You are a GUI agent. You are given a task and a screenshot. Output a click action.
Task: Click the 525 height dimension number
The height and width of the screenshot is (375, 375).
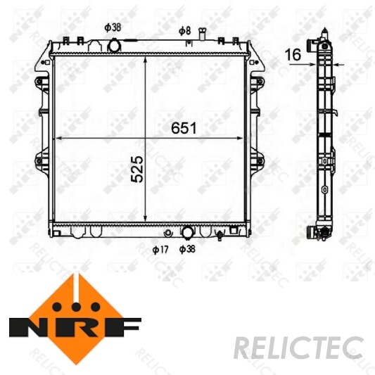click(x=137, y=170)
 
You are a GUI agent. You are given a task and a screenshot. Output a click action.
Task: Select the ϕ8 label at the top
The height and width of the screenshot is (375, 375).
click(x=184, y=30)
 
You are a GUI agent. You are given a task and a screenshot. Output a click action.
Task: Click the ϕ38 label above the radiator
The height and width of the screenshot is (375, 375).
click(x=113, y=27)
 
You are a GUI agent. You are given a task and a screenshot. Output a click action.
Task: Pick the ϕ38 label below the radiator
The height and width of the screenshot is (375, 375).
click(x=188, y=248)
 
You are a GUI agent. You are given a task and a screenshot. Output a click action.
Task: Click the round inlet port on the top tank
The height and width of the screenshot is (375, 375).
click(x=114, y=46)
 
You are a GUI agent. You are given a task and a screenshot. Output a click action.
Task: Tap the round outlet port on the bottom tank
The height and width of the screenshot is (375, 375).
click(x=188, y=231)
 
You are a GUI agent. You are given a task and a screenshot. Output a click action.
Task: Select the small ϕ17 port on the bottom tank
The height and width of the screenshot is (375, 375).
click(x=167, y=233)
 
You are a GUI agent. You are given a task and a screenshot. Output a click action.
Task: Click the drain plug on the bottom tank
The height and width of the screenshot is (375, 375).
click(x=220, y=236)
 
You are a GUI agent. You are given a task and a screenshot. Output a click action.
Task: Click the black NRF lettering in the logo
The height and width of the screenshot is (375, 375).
click(x=75, y=328)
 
